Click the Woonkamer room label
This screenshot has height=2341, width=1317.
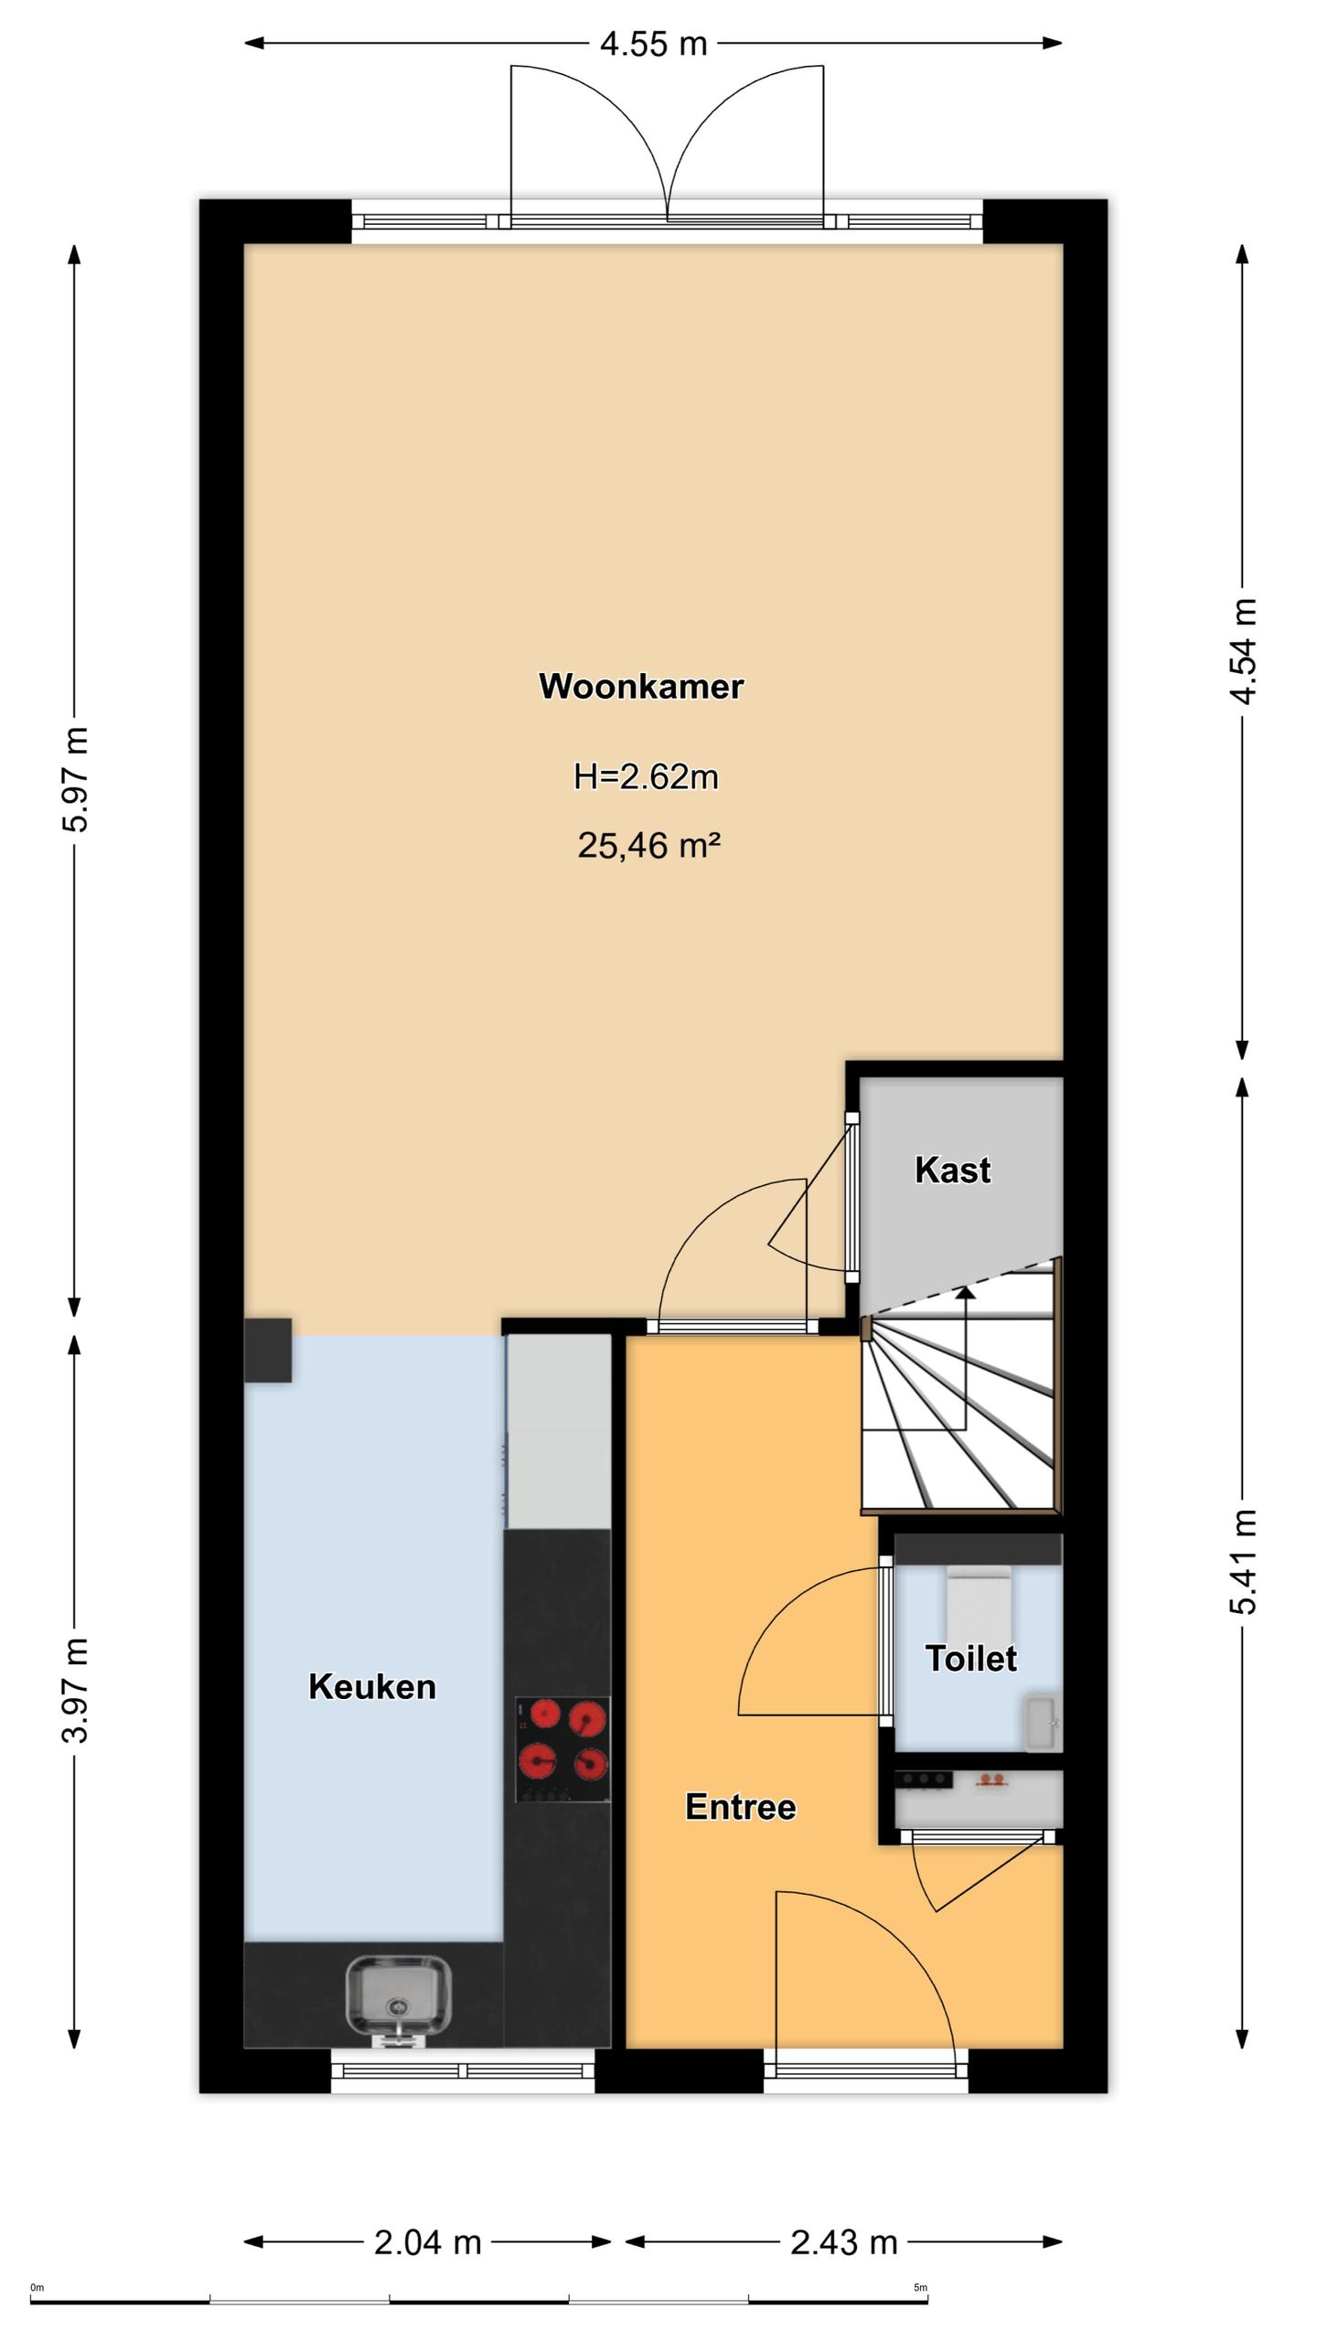pos(641,686)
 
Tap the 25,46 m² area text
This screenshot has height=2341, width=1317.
pos(648,845)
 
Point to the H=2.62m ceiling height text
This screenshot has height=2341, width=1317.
pos(646,776)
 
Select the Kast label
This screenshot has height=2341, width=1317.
pos(952,1170)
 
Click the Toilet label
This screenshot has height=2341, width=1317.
pos(970,1658)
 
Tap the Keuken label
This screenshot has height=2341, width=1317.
pos(372,1686)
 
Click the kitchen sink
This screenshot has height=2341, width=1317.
pos(398,2003)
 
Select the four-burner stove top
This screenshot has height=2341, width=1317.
pos(562,1749)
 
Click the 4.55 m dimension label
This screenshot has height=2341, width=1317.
pos(653,43)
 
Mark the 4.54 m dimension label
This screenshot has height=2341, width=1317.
pos(1243,651)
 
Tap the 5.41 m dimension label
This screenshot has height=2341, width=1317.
pos(1243,1562)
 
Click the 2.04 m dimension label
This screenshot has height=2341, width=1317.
pos(427,2241)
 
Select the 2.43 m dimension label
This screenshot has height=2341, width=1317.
pos(843,2241)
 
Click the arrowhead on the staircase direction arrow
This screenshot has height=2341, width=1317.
pos(965,1290)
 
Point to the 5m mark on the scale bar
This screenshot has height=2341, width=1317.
pos(920,2287)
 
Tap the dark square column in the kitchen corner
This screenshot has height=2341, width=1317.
pos(268,1350)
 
